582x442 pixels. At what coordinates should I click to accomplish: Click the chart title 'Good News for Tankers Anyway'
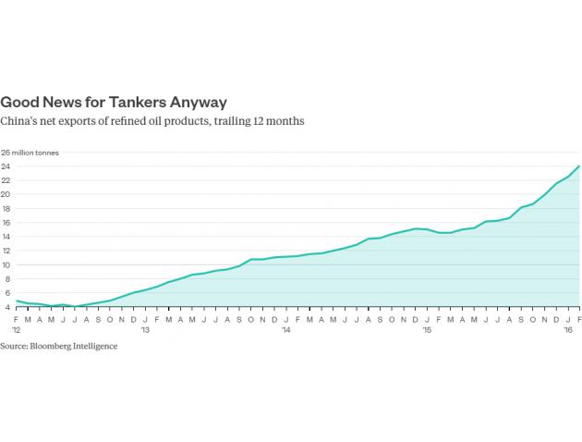[114, 102]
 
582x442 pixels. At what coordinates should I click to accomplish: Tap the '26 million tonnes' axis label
[30, 153]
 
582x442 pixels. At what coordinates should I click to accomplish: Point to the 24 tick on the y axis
[5, 166]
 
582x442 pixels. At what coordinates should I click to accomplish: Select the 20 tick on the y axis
[5, 194]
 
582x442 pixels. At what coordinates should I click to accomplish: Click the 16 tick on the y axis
[5, 222]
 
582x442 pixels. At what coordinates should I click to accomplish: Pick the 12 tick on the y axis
[5, 251]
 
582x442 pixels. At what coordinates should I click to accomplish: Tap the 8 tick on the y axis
[5, 278]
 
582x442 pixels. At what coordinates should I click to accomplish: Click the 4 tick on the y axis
[5, 306]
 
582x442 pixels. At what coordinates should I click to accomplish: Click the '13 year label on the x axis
[145, 329]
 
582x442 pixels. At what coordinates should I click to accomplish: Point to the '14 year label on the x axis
[285, 329]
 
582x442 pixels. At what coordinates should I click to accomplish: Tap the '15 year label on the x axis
[426, 329]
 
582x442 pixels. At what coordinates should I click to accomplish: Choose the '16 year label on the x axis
[566, 329]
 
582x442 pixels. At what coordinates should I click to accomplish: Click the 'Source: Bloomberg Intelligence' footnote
[59, 346]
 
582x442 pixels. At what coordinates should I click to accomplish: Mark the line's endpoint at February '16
[578, 166]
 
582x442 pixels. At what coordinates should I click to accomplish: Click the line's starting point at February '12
[17, 301]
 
